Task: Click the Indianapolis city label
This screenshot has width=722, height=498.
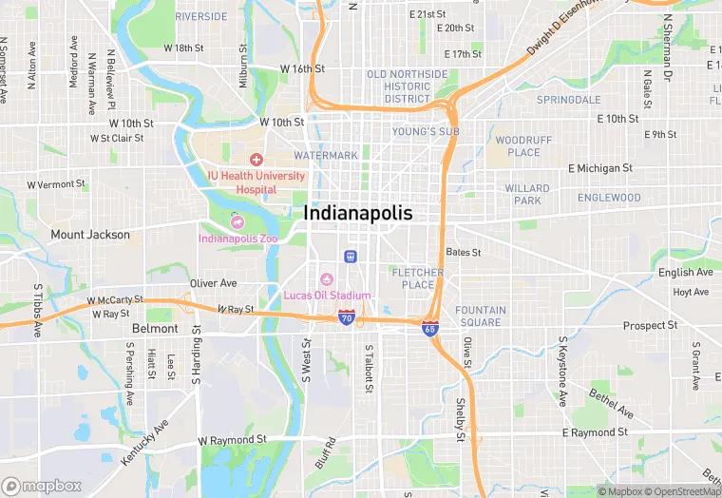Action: (358, 214)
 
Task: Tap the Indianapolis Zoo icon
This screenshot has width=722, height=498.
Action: (237, 221)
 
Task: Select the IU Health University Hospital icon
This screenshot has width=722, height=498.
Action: (256, 160)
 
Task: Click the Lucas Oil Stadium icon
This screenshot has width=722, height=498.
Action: (327, 278)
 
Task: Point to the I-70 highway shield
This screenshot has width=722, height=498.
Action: (348, 316)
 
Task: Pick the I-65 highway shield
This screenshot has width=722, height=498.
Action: (430, 328)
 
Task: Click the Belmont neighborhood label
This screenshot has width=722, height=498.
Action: (155, 328)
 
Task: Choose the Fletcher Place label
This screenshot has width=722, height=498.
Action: (417, 278)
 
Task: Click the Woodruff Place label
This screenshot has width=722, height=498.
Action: (523, 146)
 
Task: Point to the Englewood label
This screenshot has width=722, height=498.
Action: (609, 198)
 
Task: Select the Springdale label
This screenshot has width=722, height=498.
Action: (568, 99)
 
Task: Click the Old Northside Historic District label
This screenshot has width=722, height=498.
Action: (407, 86)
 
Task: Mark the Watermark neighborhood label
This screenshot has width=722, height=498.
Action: (326, 155)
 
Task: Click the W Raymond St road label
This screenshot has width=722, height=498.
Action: (232, 441)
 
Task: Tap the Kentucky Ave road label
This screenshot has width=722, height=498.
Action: (144, 442)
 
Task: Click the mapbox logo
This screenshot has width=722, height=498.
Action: (42, 486)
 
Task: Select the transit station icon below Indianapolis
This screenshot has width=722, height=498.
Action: (350, 256)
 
